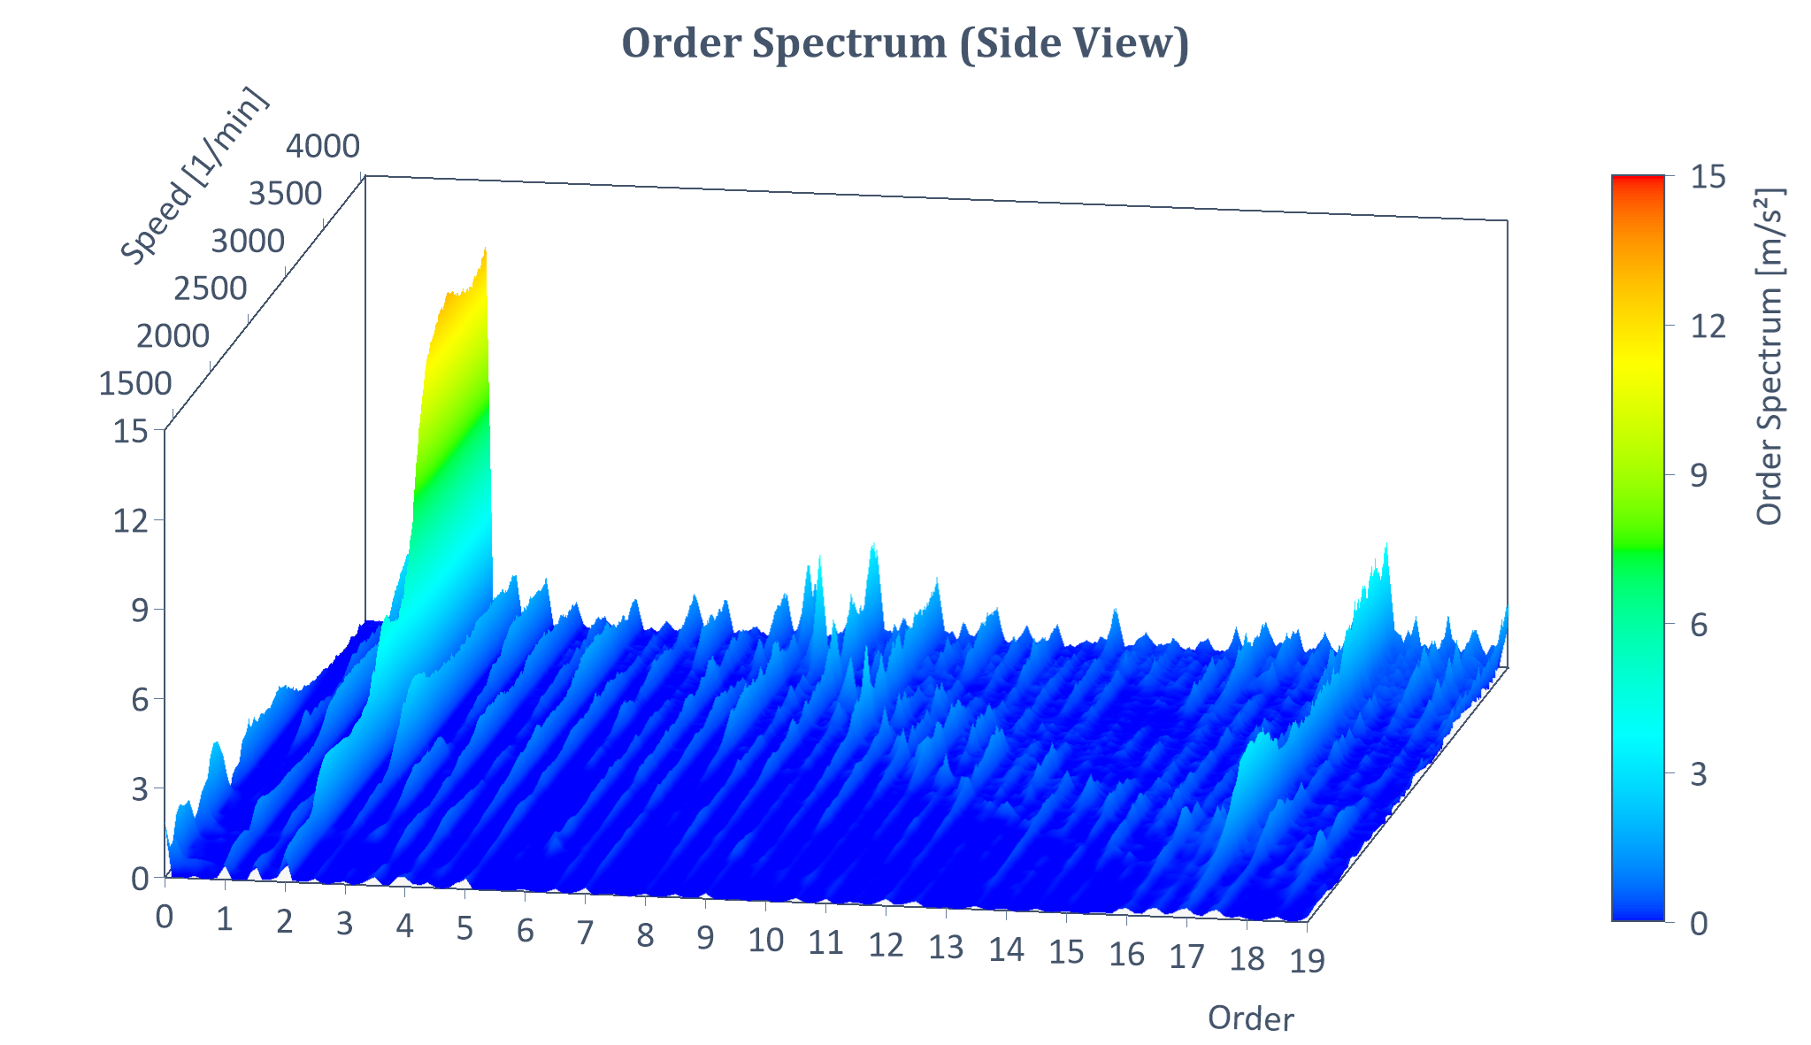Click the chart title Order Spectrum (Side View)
coord(905,42)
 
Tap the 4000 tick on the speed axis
coord(323,146)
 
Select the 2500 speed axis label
coord(211,288)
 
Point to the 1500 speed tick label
coord(135,384)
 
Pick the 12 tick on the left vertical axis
coord(130,520)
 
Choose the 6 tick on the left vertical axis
coord(139,700)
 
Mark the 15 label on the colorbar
coord(1707,177)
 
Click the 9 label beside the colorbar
coord(1699,476)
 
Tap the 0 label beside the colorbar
coord(1699,924)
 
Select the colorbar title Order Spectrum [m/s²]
coord(1769,356)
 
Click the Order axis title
coord(1251,1018)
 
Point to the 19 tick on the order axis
coord(1308,960)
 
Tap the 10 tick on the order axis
coord(766,941)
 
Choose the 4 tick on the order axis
coord(405,926)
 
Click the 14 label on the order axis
coord(1007,949)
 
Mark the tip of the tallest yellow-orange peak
coord(486,249)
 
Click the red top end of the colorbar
coord(1638,181)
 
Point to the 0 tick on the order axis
coord(164,917)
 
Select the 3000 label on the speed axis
coord(249,241)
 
